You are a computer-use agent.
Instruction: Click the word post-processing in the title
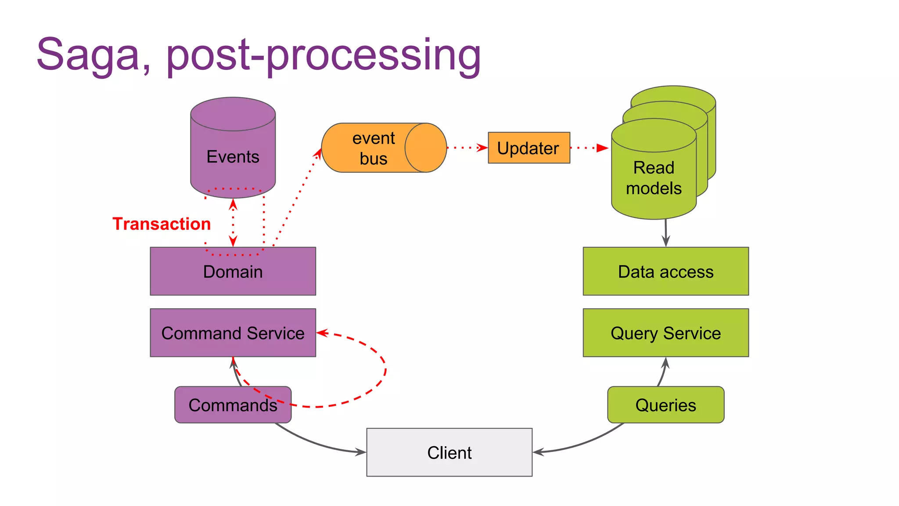(324, 56)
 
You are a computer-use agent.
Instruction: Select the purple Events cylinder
(233, 149)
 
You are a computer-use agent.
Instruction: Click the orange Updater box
(529, 148)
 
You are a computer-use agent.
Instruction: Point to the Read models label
(654, 178)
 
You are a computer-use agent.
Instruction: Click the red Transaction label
(162, 224)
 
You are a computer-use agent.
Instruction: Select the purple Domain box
(233, 271)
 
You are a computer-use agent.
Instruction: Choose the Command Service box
(233, 333)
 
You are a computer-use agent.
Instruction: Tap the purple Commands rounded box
(233, 405)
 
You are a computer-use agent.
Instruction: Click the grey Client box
(449, 452)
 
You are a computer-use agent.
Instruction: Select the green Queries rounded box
(665, 405)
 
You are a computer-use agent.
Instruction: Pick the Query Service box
(665, 333)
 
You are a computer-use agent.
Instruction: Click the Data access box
(665, 271)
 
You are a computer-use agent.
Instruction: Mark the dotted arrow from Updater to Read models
(589, 148)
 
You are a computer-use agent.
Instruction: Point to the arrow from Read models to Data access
(666, 233)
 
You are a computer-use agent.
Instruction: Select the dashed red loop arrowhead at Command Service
(322, 333)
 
